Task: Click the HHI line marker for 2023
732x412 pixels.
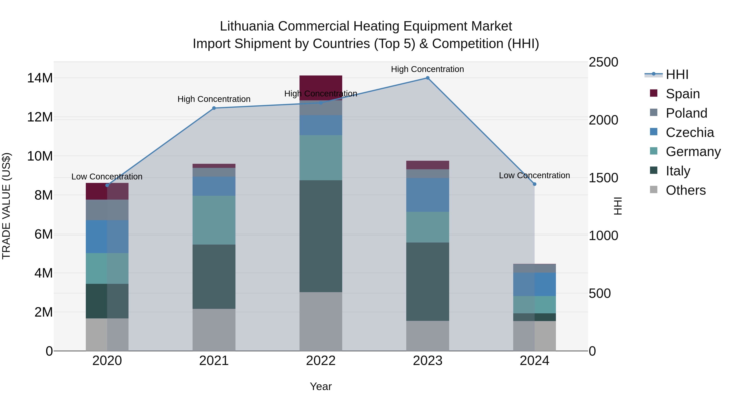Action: (427, 78)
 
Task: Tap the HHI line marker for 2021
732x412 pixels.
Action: (214, 108)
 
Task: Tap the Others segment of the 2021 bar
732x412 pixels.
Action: (214, 330)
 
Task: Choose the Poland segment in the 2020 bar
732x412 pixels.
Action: (107, 210)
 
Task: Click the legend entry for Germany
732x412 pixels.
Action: (693, 152)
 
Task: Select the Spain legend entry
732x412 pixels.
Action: (683, 94)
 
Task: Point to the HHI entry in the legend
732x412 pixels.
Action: (677, 74)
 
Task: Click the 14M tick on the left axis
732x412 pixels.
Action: (40, 78)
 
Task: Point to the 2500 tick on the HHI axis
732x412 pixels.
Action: (603, 62)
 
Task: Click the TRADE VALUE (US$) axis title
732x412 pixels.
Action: (6, 206)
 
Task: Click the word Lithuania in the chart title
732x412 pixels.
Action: (247, 26)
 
